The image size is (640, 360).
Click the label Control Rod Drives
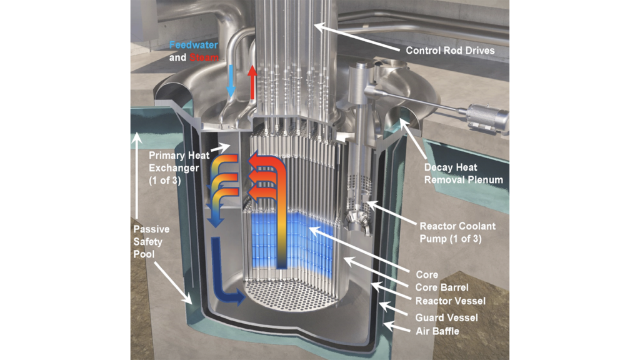click(x=451, y=50)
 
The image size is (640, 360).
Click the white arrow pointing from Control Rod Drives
click(x=356, y=37)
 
